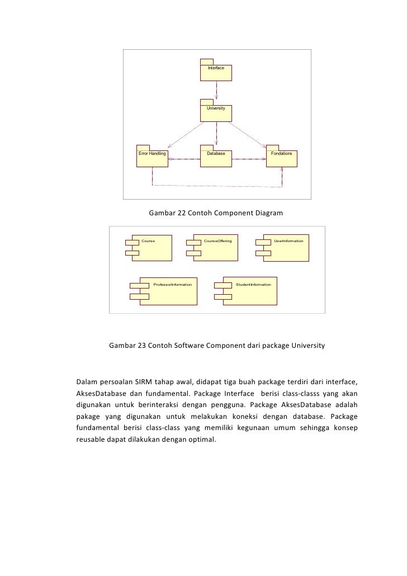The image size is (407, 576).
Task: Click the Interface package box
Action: (216, 72)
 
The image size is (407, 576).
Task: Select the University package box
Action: (216, 112)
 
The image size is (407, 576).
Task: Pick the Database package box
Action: (216, 158)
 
